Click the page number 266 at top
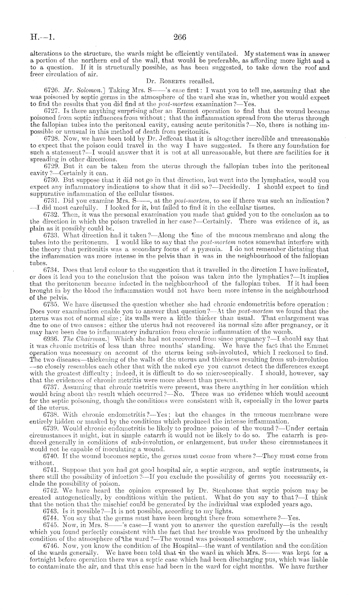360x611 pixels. pos(180,37)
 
